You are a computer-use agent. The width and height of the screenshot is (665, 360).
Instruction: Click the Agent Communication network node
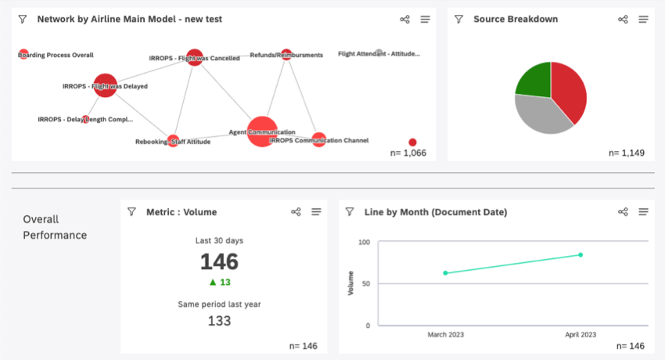262,131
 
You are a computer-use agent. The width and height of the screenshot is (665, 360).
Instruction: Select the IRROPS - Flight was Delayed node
105,85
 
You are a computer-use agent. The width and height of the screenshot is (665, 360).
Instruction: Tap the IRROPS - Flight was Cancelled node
195,57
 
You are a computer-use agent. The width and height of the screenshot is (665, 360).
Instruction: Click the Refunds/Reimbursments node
286,55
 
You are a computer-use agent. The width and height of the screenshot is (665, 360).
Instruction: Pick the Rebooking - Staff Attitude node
172,141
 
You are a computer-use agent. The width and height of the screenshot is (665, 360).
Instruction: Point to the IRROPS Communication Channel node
318,140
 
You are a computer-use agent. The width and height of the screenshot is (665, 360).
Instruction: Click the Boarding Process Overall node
23,55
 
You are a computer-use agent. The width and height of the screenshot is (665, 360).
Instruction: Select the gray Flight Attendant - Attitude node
379,53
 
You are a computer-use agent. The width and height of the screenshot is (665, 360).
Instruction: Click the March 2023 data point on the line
445,273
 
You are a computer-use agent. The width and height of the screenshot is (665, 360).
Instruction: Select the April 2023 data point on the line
581,254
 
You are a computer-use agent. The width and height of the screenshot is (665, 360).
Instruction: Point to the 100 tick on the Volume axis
364,243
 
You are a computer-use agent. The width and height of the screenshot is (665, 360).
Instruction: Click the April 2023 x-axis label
581,334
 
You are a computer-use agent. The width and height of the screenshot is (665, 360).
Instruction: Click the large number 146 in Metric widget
219,261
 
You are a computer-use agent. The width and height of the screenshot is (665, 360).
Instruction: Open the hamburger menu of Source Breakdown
643,20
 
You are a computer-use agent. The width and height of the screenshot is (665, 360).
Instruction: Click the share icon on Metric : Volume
296,212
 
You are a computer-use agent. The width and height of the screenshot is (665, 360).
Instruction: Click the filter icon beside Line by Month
350,212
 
